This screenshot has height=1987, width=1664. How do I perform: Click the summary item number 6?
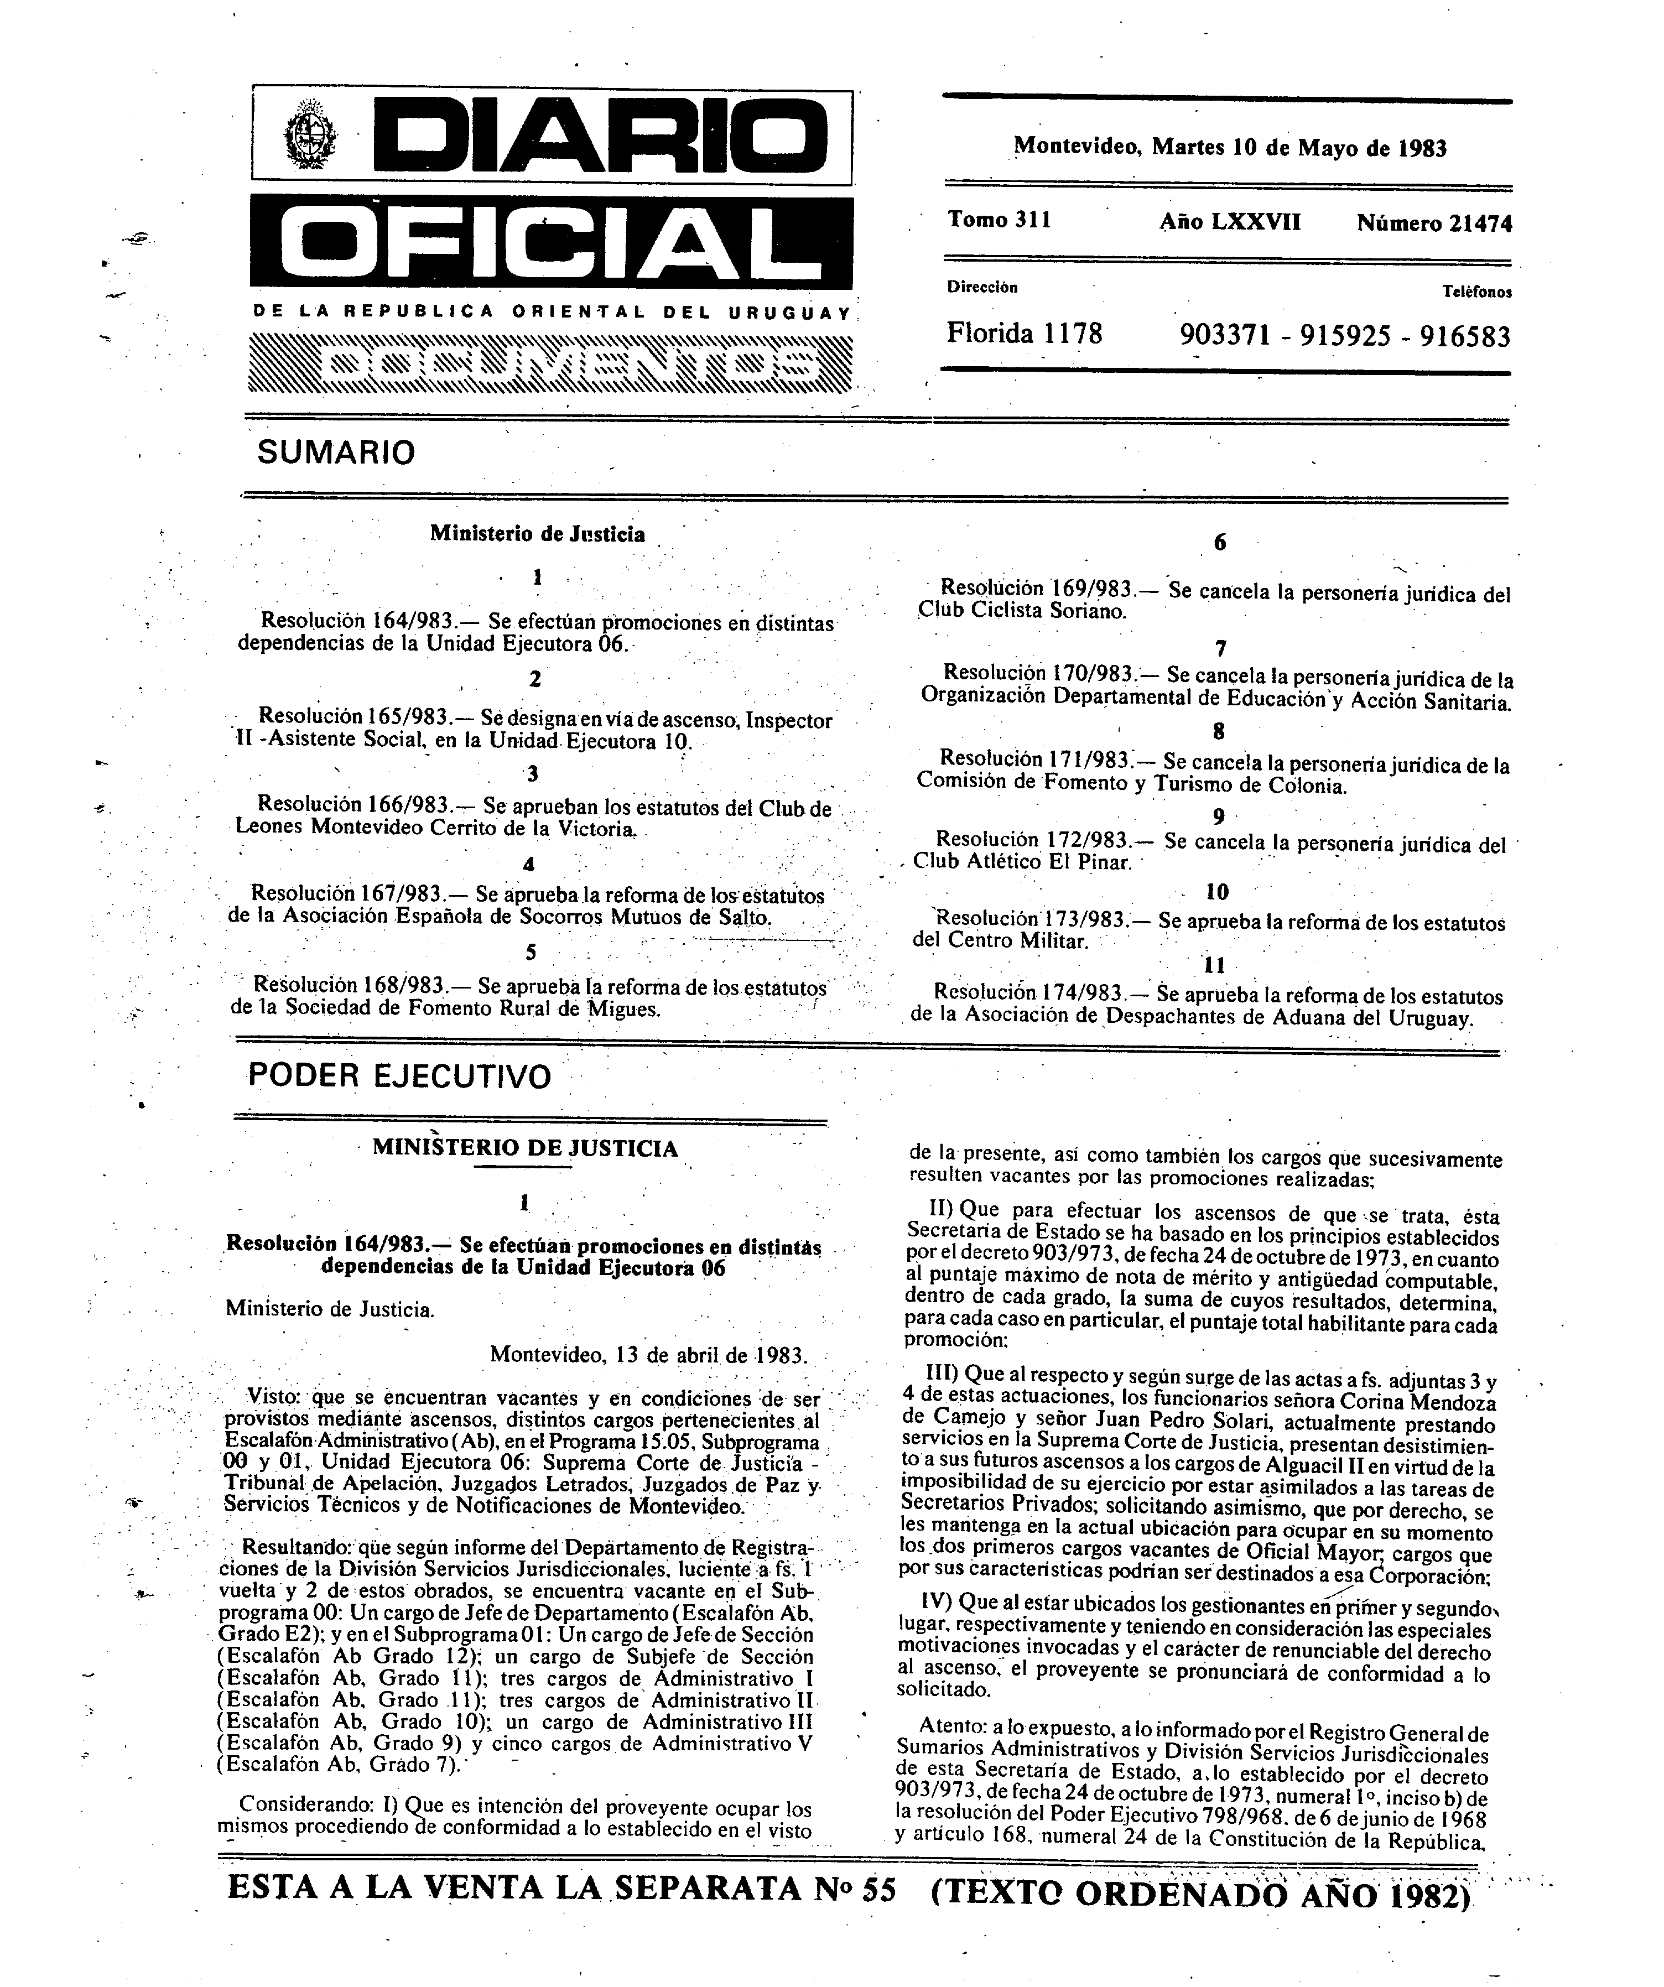pyautogui.click(x=1219, y=542)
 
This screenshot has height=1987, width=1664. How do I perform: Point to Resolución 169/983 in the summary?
pyautogui.click(x=1037, y=590)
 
